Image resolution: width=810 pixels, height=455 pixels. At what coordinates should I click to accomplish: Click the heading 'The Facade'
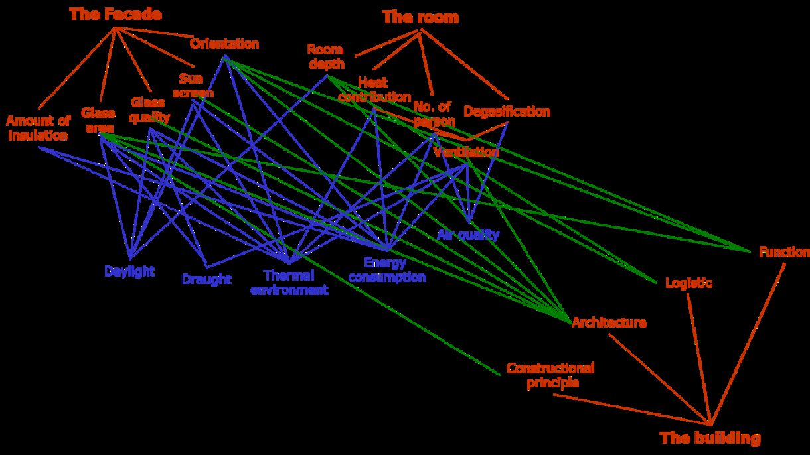pyautogui.click(x=115, y=15)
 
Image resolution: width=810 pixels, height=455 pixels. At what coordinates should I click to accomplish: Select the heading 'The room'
pyautogui.click(x=420, y=18)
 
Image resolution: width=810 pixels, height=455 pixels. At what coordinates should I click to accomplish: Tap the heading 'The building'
pyautogui.click(x=709, y=438)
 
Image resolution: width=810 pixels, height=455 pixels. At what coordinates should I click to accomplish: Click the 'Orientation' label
pyautogui.click(x=224, y=44)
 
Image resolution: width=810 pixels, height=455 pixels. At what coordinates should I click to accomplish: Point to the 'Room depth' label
pyautogui.click(x=325, y=56)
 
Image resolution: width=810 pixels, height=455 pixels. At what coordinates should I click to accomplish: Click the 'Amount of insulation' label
pyautogui.click(x=38, y=128)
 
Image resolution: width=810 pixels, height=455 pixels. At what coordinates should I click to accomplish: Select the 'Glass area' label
pyautogui.click(x=99, y=119)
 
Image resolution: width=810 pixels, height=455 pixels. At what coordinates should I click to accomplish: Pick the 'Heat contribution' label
pyautogui.click(x=374, y=90)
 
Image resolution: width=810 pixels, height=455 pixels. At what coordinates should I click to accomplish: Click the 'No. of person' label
pyautogui.click(x=434, y=113)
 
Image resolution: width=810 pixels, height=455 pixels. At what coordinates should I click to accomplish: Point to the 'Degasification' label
pyautogui.click(x=507, y=111)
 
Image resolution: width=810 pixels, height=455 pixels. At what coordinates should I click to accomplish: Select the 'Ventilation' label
pyautogui.click(x=465, y=152)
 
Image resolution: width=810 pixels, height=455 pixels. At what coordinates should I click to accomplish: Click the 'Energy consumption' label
pyautogui.click(x=386, y=270)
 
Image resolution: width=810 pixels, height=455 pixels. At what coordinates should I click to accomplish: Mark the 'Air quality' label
pyautogui.click(x=468, y=234)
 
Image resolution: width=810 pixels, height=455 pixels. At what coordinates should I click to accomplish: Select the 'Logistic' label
pyautogui.click(x=688, y=283)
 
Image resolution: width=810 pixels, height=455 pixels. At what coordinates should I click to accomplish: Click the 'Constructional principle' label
pyautogui.click(x=550, y=375)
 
